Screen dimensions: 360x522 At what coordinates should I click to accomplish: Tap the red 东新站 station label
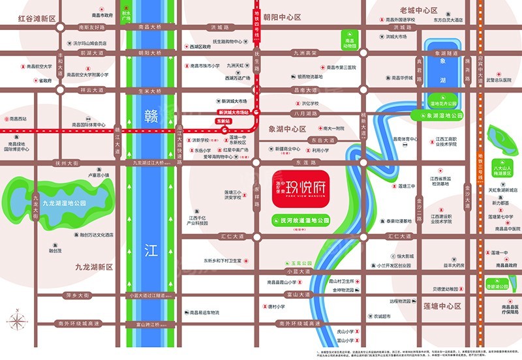click(x=223, y=121)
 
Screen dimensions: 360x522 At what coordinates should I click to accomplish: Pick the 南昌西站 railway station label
click(x=18, y=119)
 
